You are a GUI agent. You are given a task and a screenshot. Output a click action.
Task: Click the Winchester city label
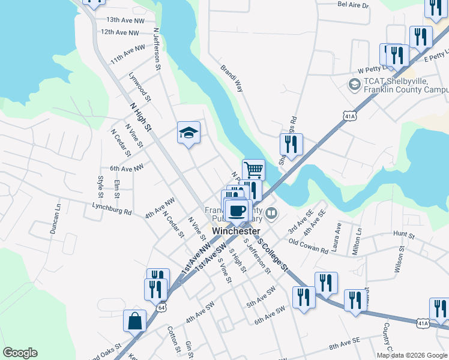(236, 231)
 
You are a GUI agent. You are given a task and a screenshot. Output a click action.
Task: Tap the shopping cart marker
(253, 170)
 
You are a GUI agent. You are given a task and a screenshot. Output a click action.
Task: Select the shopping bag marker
(134, 320)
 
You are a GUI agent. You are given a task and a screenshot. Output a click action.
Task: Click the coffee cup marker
(238, 211)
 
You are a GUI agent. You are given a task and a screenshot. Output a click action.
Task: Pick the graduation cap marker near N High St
(188, 133)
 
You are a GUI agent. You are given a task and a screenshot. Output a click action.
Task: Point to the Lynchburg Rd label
(112, 211)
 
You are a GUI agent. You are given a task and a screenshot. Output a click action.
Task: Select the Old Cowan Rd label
(308, 246)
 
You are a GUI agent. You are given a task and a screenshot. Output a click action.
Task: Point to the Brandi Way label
(232, 78)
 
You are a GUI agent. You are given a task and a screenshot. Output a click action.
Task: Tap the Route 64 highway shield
(161, 307)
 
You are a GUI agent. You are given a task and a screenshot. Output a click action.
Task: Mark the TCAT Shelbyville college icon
(354, 85)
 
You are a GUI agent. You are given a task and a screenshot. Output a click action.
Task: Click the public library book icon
(272, 213)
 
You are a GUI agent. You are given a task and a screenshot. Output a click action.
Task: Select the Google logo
(20, 353)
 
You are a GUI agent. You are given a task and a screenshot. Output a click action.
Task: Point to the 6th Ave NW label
(127, 169)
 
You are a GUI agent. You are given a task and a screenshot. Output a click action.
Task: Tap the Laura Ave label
(338, 236)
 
